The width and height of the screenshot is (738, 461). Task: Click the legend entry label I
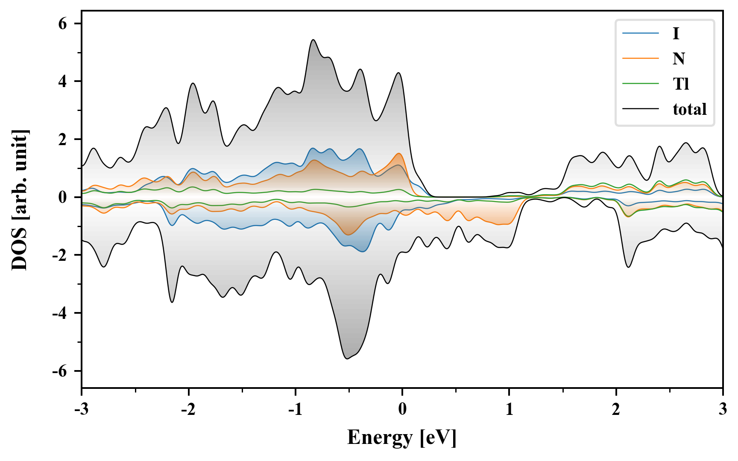(676, 33)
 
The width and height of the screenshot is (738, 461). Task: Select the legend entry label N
(679, 58)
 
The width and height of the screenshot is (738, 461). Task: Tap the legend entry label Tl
(681, 84)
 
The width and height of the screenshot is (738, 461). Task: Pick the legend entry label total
(690, 109)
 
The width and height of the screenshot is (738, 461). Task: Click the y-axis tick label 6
(63, 23)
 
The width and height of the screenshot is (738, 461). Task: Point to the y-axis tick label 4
(63, 81)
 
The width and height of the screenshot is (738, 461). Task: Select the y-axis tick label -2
(60, 255)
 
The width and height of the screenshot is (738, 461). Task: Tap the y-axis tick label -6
(60, 371)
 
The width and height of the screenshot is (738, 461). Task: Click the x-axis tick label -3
(81, 409)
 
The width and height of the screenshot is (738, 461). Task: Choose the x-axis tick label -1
(295, 409)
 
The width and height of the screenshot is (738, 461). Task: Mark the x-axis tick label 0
(402, 409)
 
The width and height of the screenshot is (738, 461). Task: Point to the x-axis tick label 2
(616, 409)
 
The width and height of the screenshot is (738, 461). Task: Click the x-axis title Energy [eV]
(402, 438)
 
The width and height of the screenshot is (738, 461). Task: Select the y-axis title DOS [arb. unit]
(20, 200)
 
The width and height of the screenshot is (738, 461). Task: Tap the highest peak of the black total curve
(313, 40)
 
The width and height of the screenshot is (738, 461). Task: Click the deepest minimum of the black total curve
(347, 359)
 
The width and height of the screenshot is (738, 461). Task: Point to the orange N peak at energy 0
(399, 153)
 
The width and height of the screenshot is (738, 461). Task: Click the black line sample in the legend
(641, 109)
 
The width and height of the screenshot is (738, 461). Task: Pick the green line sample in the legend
(641, 84)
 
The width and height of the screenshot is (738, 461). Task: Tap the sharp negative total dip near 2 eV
(628, 267)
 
